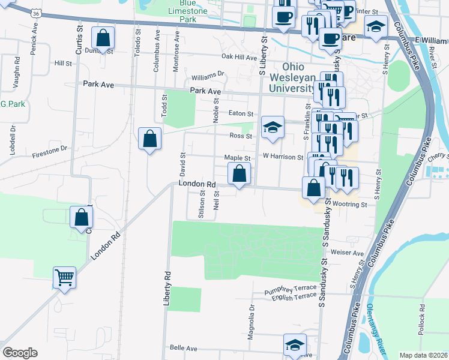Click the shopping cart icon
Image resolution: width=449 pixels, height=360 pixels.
click(x=64, y=278)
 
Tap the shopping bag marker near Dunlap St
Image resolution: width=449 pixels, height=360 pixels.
click(x=104, y=38)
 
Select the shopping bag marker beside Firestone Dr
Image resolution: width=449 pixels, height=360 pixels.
click(x=149, y=139)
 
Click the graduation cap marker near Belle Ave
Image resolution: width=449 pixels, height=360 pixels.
click(x=295, y=345)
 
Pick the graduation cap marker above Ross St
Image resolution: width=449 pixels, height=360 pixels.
click(x=273, y=127)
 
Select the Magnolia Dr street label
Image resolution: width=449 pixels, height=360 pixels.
click(x=252, y=322)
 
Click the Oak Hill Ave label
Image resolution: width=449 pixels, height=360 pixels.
click(x=239, y=57)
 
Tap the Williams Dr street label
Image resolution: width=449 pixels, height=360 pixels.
click(x=208, y=76)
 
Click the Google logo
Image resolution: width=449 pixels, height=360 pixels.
click(x=20, y=352)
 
